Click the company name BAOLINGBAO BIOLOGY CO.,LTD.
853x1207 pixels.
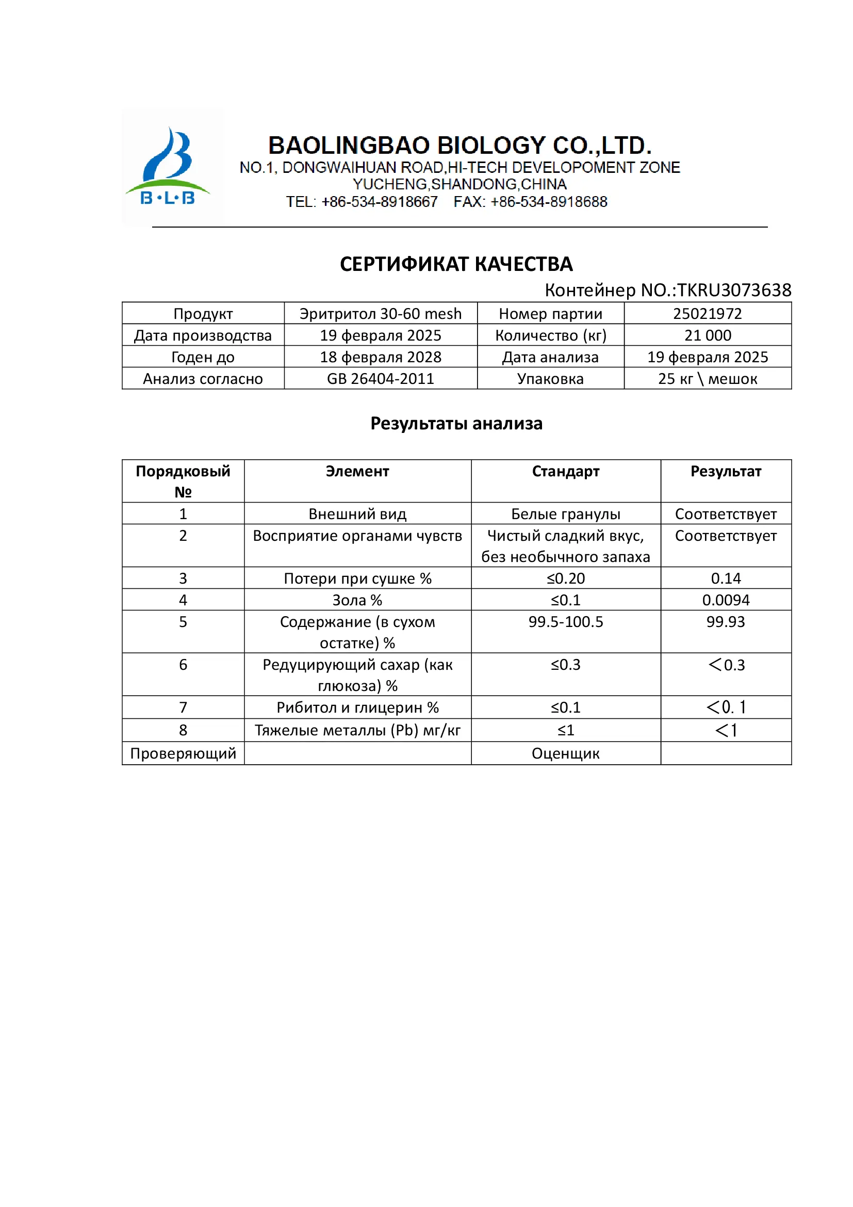[x=460, y=145]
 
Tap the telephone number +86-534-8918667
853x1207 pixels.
[x=379, y=202]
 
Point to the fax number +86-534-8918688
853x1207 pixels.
[x=548, y=202]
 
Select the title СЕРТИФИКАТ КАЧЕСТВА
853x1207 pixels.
[x=456, y=264]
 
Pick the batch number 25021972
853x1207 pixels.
[x=707, y=314]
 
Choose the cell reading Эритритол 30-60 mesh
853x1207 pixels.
[x=380, y=314]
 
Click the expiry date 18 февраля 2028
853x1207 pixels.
[x=380, y=357]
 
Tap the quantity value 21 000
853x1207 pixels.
[x=707, y=335]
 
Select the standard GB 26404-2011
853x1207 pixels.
[x=380, y=378]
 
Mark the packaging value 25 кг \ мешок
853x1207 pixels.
[x=707, y=378]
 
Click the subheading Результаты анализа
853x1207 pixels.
[x=456, y=423]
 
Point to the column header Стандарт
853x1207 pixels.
[x=565, y=471]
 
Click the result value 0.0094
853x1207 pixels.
[x=726, y=600]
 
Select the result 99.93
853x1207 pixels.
[x=726, y=621]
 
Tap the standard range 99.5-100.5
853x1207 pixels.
[x=565, y=621]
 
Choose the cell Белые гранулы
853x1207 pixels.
[x=565, y=513]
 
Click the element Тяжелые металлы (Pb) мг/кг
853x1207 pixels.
[x=357, y=730]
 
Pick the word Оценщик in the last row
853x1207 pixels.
[x=565, y=753]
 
